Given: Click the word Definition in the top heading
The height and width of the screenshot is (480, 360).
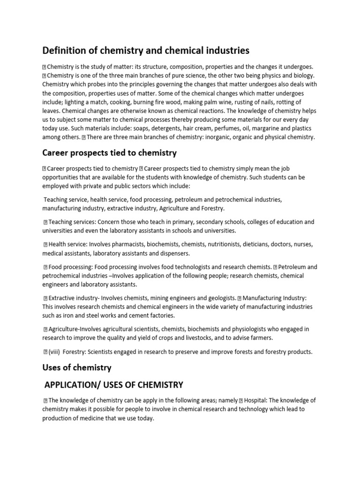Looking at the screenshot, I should (65, 50).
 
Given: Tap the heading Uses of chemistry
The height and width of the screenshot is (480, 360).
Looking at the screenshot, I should (77, 368).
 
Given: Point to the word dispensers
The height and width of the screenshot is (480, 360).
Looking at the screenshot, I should (174, 254).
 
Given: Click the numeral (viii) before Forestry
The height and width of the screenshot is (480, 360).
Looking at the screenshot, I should (56, 352).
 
